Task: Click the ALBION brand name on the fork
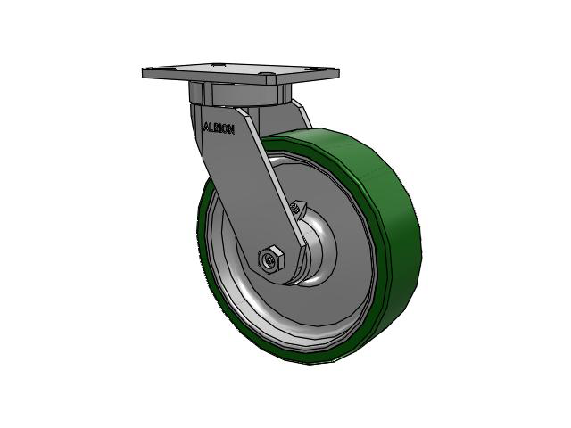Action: [219, 127]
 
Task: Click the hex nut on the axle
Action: [271, 259]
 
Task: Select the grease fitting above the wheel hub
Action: [296, 209]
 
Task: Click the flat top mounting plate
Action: [241, 72]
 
